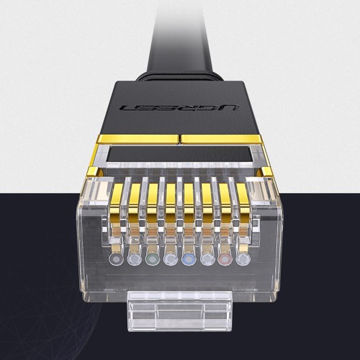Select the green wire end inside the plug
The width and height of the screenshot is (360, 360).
coord(150,258)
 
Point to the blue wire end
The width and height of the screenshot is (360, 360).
coord(188,258)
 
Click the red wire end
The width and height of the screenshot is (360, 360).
coord(225,258)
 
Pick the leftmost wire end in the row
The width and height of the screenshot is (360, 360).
coord(114,258)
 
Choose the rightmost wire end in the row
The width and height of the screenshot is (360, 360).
coord(243,258)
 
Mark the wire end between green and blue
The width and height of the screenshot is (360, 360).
coord(169,258)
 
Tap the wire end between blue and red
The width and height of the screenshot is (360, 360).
coord(207,258)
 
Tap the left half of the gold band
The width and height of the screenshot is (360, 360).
coord(137,138)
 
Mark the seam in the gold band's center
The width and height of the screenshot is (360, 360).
coord(179,138)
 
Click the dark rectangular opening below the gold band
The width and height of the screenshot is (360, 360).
coord(179,156)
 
